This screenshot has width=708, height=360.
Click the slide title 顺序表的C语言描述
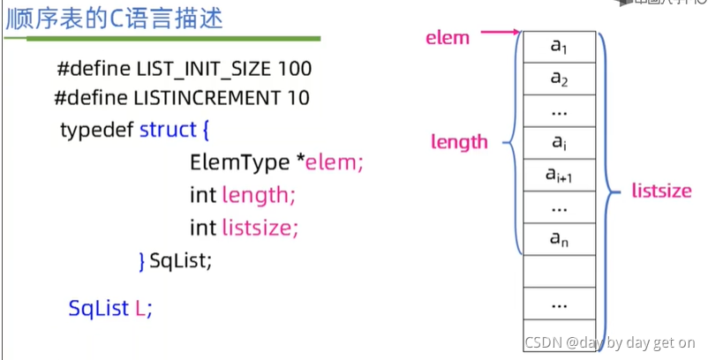pos(115,18)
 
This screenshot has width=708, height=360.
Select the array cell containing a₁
pos(559,47)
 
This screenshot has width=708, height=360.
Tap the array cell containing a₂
pos(559,79)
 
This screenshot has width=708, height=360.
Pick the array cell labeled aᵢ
pos(559,143)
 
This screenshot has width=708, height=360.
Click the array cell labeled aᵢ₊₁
pos(559,176)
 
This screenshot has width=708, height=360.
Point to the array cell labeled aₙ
pos(559,238)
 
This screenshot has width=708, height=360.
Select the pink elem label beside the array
pos(448,38)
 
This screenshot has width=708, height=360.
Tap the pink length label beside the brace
pos(459,141)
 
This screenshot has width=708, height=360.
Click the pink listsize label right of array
pos(661,191)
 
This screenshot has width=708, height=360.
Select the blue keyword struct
pos(168,130)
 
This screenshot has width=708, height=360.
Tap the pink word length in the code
pos(255,195)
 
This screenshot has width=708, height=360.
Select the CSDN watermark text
pos(610,342)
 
